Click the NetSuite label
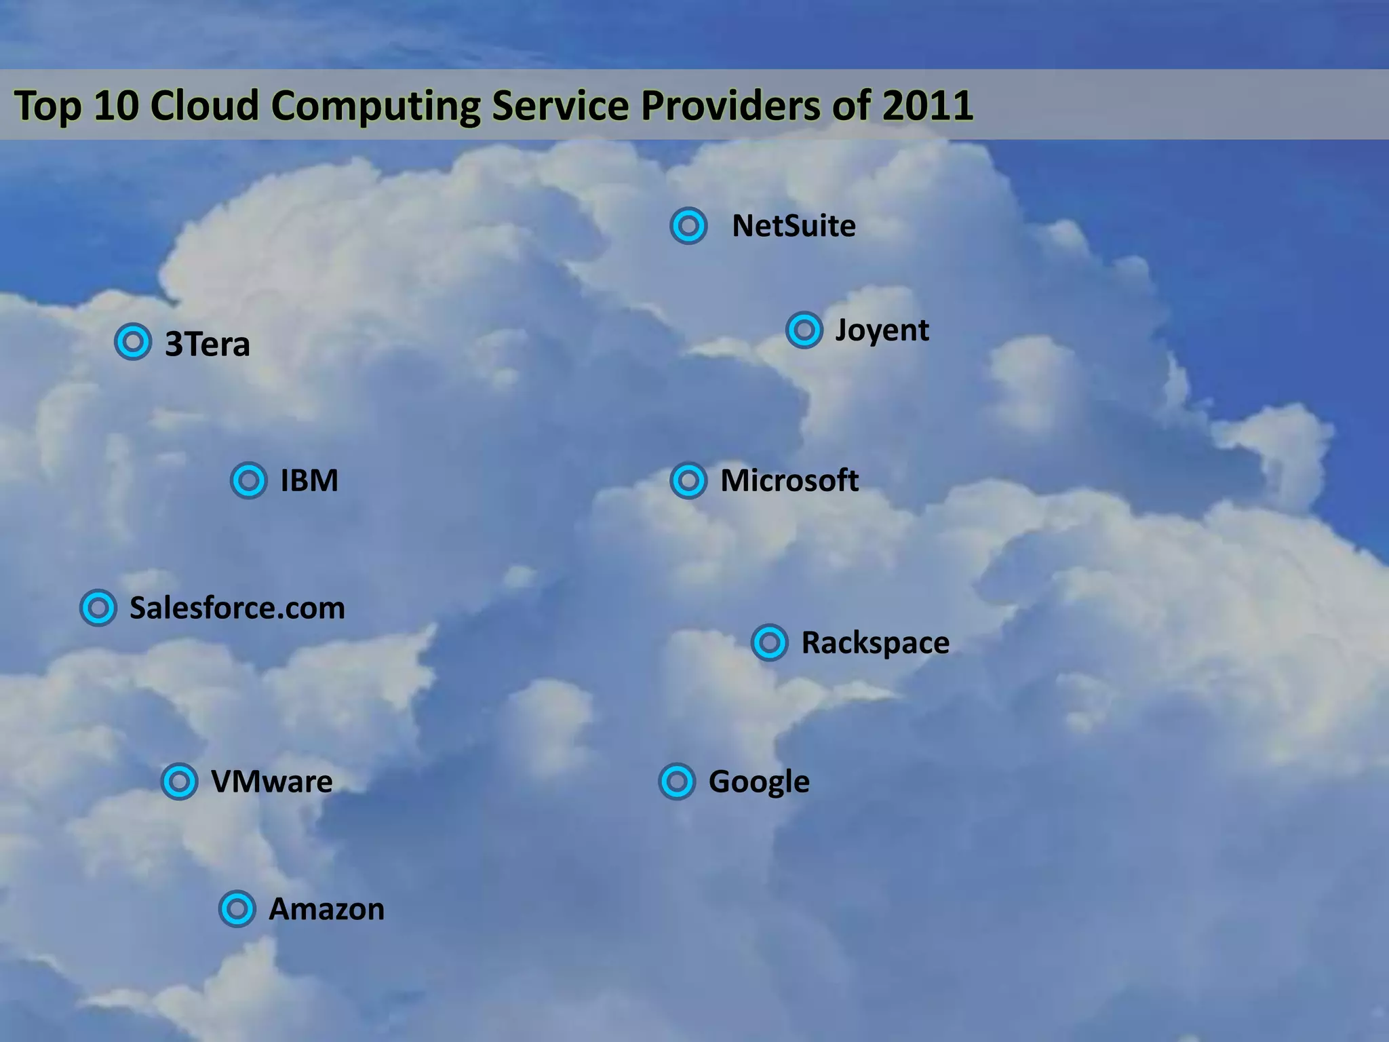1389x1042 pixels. [x=794, y=226]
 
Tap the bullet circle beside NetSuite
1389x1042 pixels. [x=688, y=226]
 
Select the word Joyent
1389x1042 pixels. [x=882, y=330]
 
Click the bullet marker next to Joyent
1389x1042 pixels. [x=804, y=330]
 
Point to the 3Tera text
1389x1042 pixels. [x=208, y=344]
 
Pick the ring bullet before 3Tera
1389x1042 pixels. [x=133, y=341]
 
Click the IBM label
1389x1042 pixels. [x=309, y=481]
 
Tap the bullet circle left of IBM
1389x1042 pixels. [x=249, y=481]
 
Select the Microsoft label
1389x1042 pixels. [x=789, y=481]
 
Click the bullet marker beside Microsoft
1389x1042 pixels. [x=688, y=481]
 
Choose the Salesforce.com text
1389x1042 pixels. [x=237, y=608]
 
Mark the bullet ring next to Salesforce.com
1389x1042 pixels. [x=98, y=608]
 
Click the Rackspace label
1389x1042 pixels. [x=875, y=643]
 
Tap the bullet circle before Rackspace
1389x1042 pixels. [x=770, y=642]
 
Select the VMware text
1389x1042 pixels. [x=272, y=781]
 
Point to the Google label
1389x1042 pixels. [x=759, y=782]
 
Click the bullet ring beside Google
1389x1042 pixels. [x=677, y=781]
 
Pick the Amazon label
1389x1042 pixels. [x=327, y=909]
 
